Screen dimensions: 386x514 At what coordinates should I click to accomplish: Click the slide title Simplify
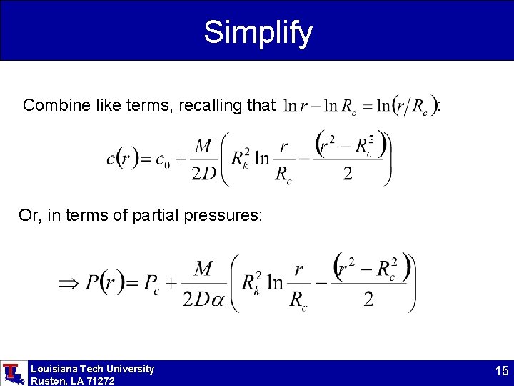tap(258, 31)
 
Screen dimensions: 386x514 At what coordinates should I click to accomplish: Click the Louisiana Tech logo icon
tap(12, 373)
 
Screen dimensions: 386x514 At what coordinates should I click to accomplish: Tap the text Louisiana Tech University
tap(92, 369)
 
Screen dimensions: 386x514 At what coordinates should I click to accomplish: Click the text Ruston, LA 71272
tap(72, 381)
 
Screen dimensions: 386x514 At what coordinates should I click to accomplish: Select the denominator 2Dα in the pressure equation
tap(203, 300)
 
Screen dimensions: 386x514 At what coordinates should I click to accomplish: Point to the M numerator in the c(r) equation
tap(204, 145)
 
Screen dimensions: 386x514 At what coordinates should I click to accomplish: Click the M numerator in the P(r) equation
tap(204, 269)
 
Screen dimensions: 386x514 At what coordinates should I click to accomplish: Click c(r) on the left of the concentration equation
tap(122, 159)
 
